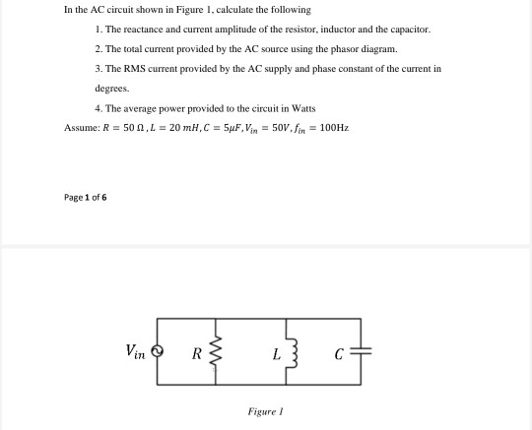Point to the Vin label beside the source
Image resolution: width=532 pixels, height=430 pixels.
(136, 350)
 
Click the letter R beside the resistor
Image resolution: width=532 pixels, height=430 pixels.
(197, 352)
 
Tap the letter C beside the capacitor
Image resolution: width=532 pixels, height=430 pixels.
(338, 352)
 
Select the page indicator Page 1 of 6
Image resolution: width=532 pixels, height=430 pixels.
(85, 197)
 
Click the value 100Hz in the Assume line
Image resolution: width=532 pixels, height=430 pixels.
(335, 128)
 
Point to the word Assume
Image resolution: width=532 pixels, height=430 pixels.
(80, 128)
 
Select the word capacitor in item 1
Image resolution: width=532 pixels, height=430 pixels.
(409, 30)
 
